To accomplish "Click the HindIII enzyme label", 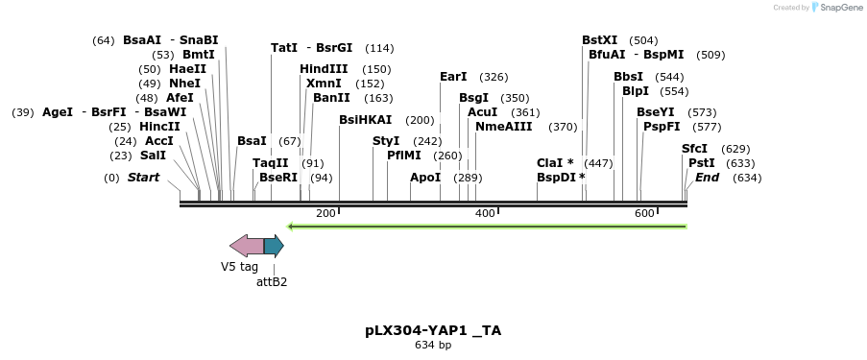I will (x=324, y=69).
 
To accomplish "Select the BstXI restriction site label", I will (x=600, y=40).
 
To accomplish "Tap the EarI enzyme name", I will (x=453, y=77).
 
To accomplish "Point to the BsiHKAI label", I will (x=366, y=120).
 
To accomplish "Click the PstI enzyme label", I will (x=701, y=163).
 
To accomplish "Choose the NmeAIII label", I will (x=503, y=127).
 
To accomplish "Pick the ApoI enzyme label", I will (x=425, y=178).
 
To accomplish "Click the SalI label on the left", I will (x=153, y=156).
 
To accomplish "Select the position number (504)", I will (x=643, y=40).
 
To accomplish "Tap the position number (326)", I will (x=494, y=77).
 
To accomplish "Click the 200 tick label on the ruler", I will (x=325, y=213).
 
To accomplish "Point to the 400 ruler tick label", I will (x=485, y=213).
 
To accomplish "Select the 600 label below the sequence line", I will (x=644, y=213).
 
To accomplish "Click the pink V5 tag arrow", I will (x=247, y=246).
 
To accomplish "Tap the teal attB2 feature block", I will (x=274, y=246).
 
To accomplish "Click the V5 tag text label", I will (x=239, y=267).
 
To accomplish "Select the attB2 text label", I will (x=272, y=282).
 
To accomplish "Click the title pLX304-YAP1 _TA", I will (x=433, y=330).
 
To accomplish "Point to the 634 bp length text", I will (x=433, y=345).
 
